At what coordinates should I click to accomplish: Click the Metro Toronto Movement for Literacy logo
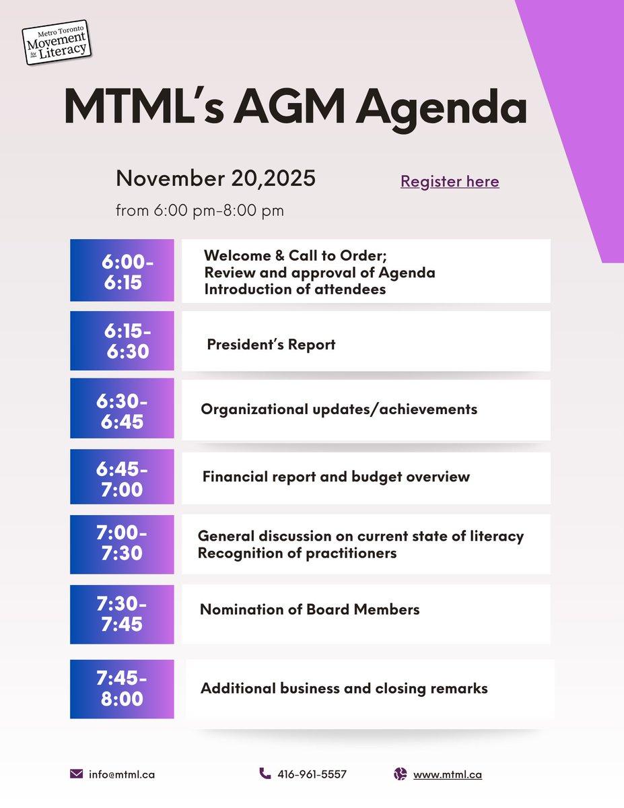click(57, 42)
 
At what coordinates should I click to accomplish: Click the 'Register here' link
click(450, 181)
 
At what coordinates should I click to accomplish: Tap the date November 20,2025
click(215, 179)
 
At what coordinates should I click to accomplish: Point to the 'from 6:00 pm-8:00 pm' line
click(199, 210)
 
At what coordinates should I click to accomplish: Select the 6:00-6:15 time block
click(122, 271)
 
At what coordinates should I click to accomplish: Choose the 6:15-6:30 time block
click(122, 341)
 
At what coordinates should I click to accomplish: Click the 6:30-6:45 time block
click(122, 409)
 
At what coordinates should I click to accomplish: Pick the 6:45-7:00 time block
click(122, 477)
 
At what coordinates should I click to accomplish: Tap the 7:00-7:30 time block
click(122, 544)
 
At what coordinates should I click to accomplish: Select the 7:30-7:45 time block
click(122, 614)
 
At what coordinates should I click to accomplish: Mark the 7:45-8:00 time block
click(122, 689)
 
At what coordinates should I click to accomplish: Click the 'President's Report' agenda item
click(271, 345)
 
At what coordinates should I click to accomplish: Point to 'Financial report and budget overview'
click(336, 477)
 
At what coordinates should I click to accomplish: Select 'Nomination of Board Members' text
click(310, 609)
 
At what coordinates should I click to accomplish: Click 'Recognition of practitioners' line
click(297, 553)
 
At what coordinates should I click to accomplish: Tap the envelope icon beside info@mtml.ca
click(76, 774)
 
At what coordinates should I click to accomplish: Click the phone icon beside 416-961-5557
click(265, 774)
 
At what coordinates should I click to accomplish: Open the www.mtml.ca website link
click(447, 774)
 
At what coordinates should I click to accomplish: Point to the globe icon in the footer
click(401, 774)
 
